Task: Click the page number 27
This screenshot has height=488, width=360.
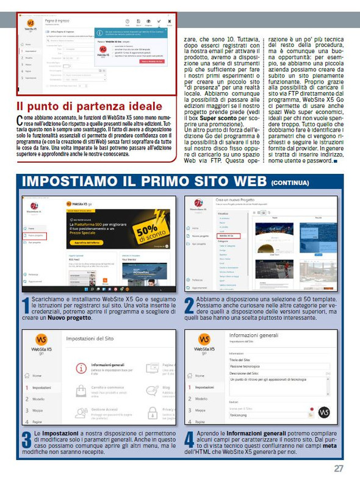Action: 339,468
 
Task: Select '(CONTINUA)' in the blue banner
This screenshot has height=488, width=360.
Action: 290,182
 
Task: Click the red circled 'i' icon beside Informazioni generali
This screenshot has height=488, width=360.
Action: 81,368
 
